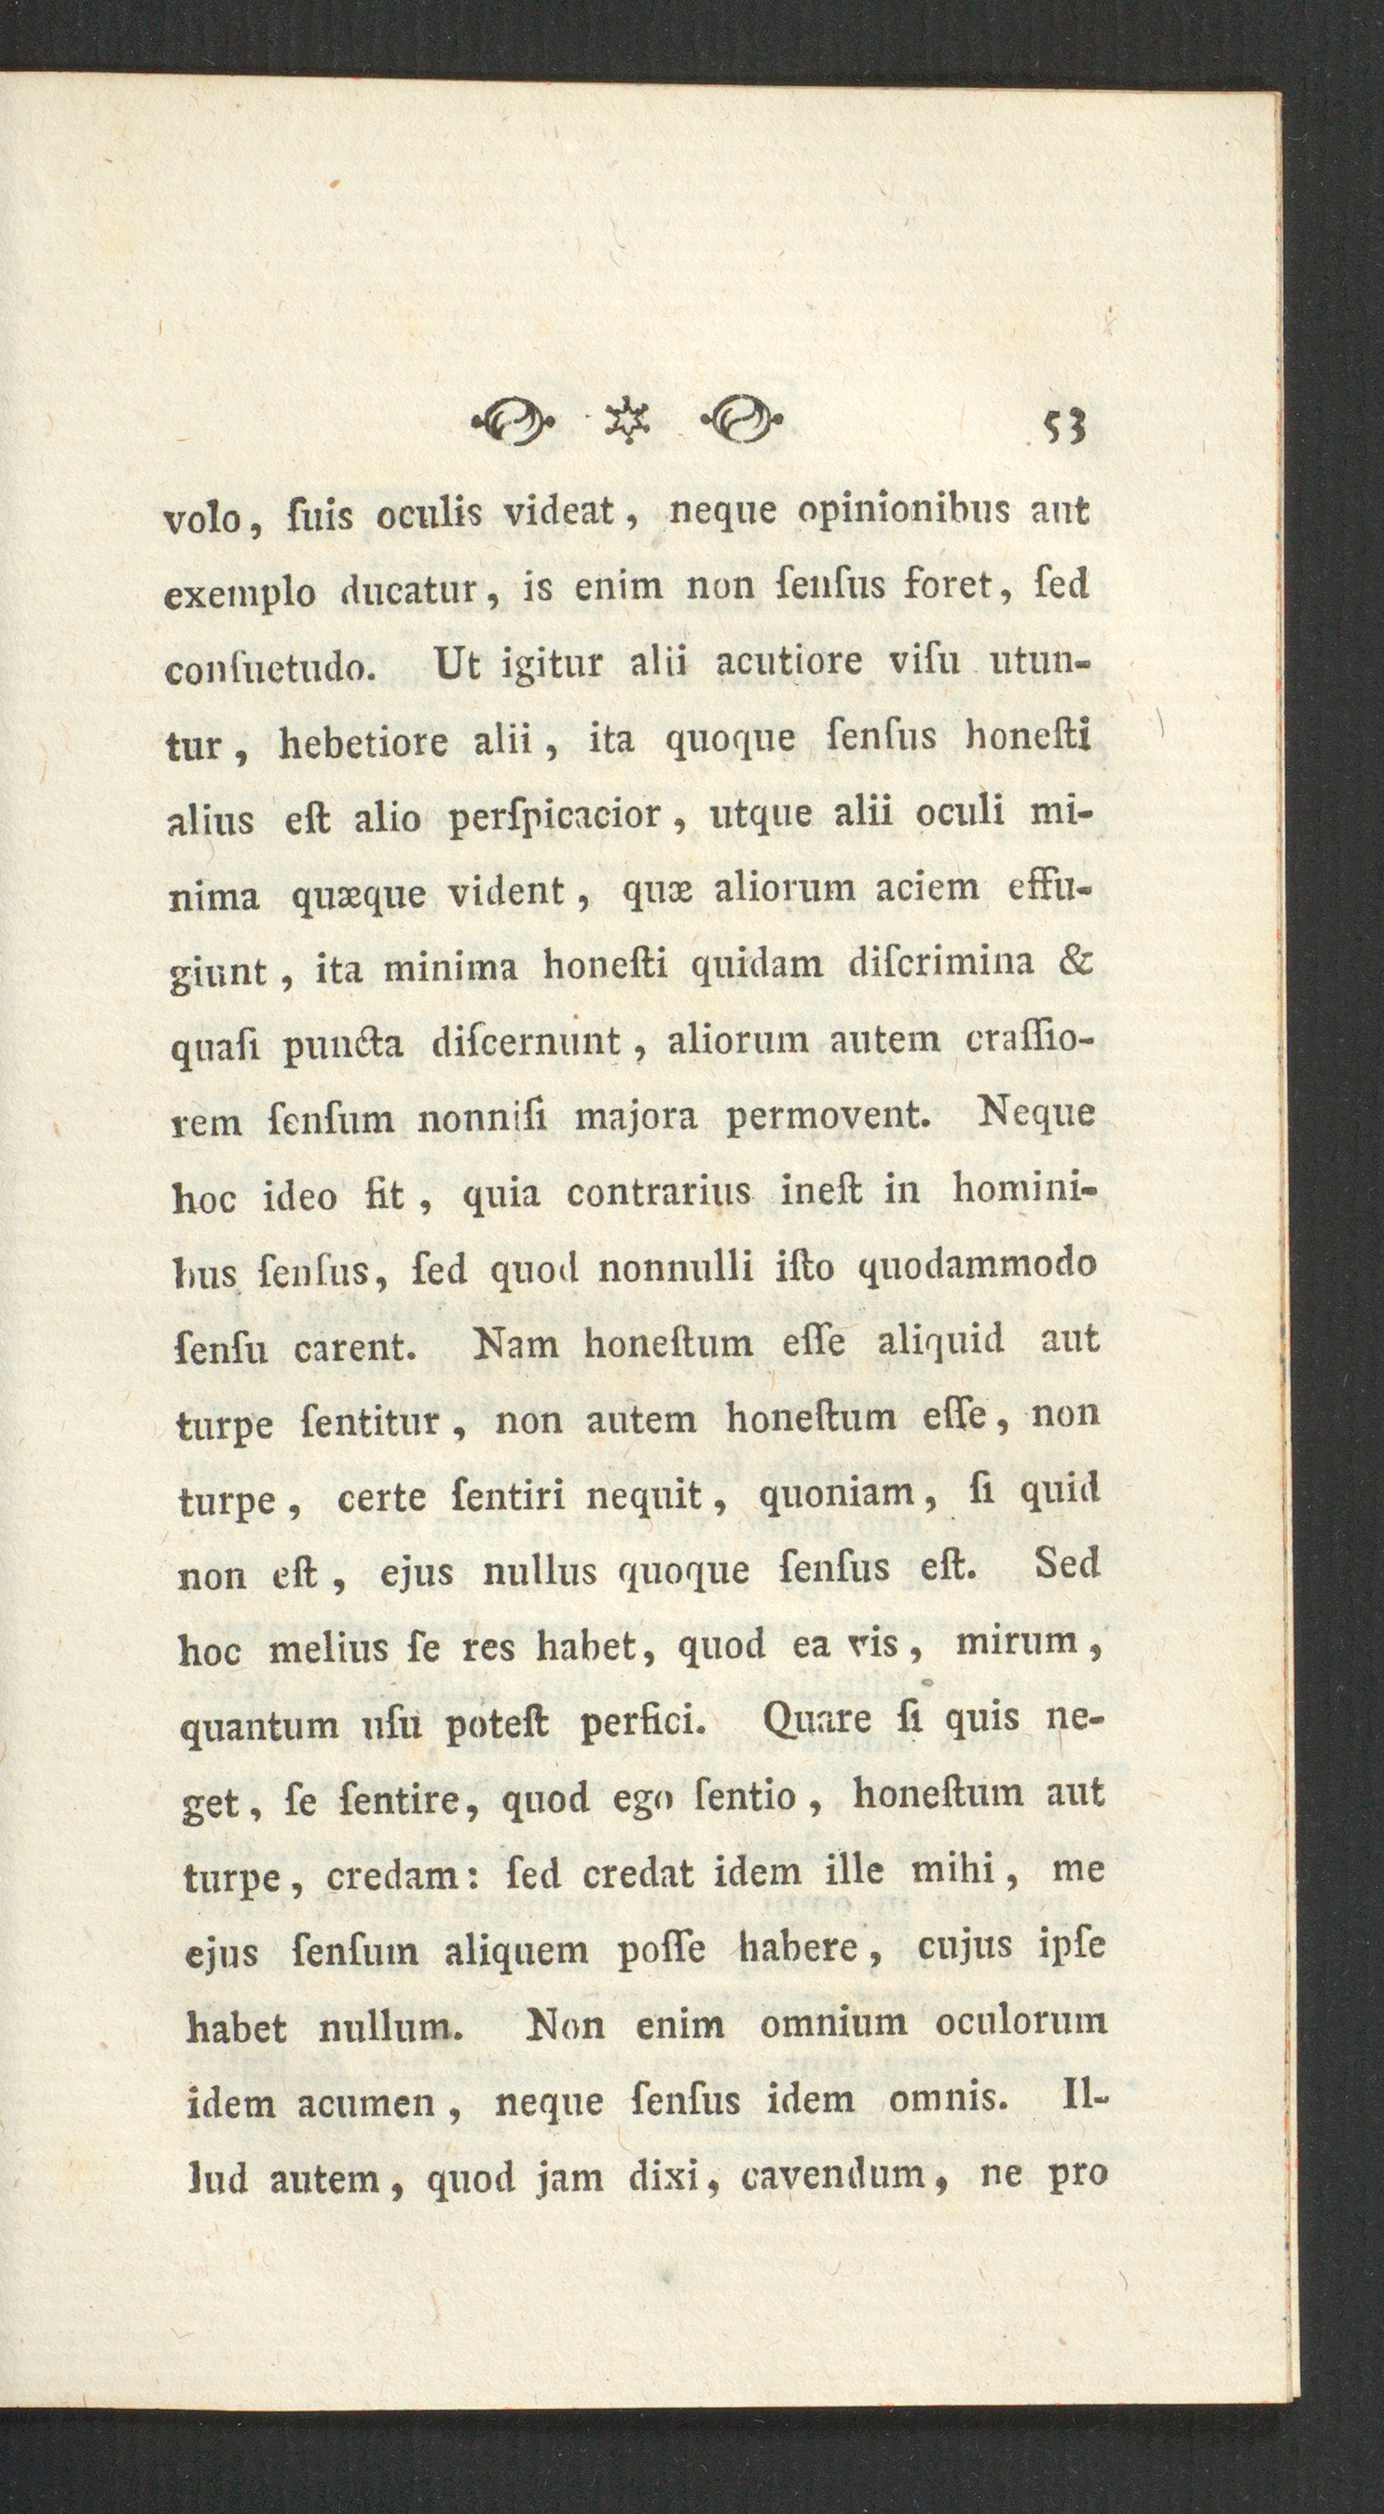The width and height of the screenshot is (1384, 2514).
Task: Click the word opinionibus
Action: [876, 513]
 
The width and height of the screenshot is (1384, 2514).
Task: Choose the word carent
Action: [355, 1348]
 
